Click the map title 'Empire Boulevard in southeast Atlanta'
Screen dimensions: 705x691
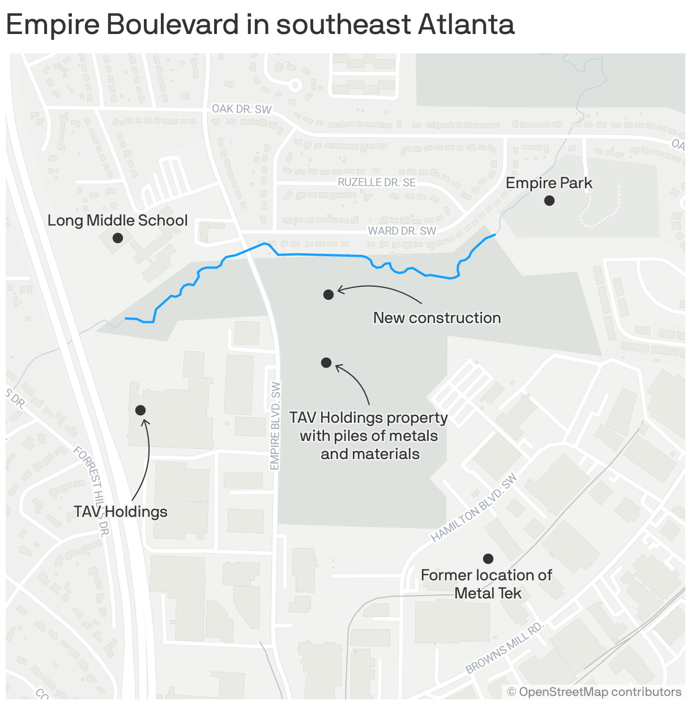260,25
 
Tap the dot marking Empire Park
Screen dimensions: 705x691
549,201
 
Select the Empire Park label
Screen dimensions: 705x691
548,183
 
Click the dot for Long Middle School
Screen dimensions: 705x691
118,238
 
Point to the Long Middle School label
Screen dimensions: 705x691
117,220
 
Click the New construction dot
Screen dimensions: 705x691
329,295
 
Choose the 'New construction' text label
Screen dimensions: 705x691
437,318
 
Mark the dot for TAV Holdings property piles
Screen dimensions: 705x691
326,363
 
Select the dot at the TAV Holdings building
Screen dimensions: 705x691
140,410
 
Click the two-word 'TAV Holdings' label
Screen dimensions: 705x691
121,512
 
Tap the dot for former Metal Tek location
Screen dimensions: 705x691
488,559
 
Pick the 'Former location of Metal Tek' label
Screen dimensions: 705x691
487,584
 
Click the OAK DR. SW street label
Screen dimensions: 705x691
241,109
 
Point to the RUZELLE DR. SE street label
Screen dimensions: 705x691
377,182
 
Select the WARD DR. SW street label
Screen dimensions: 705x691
402,231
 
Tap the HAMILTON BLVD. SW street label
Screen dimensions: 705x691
474,509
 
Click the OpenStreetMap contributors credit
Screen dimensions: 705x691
594,692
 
